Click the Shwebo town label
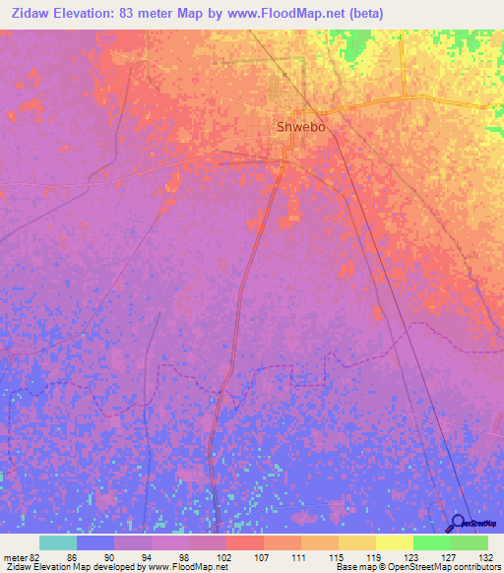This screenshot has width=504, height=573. click(x=300, y=127)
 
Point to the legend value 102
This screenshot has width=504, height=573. click(x=223, y=557)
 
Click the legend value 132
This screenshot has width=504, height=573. click(x=486, y=557)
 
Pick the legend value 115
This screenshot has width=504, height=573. click(x=337, y=557)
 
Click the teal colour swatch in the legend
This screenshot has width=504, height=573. click(x=57, y=542)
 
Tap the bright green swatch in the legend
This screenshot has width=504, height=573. click(x=431, y=542)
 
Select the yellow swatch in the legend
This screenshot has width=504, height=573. click(x=394, y=542)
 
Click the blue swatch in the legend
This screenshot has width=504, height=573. click(x=94, y=542)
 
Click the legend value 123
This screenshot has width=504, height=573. click(x=411, y=557)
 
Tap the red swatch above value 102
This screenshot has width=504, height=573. click(x=244, y=542)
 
